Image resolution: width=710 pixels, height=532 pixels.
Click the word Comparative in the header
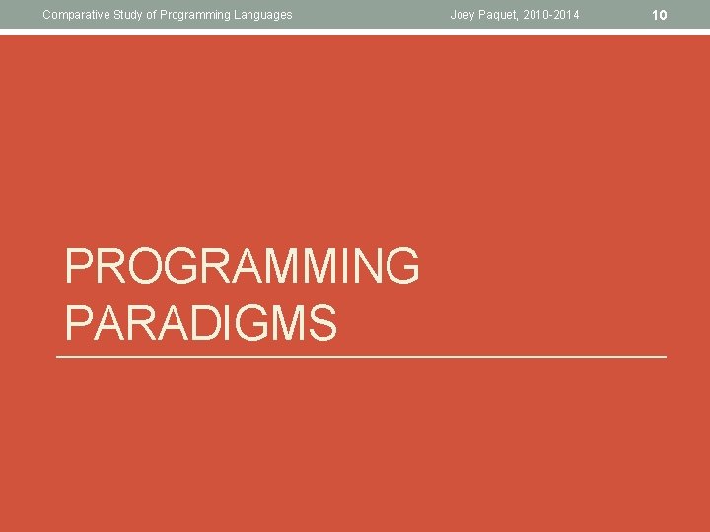(x=74, y=14)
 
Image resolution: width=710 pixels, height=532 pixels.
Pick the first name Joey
(x=463, y=14)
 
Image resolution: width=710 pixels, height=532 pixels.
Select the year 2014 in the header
(x=569, y=14)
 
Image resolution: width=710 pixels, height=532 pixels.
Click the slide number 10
(x=661, y=15)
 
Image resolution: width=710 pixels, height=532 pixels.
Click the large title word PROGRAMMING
(x=243, y=267)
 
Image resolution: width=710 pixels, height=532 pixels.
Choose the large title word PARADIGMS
(x=201, y=322)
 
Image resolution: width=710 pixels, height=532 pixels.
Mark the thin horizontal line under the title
(x=362, y=356)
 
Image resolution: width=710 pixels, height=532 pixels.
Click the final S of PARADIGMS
(x=322, y=322)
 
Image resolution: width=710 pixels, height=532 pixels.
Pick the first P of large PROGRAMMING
(x=79, y=267)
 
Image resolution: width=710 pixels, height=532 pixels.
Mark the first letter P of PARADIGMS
(x=79, y=322)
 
